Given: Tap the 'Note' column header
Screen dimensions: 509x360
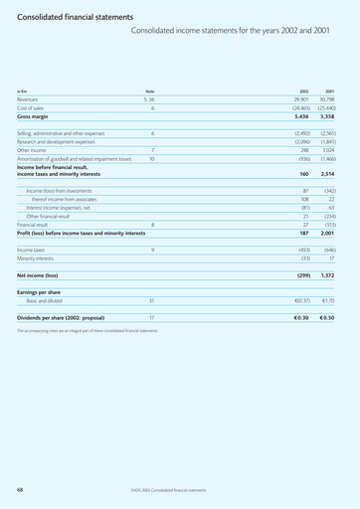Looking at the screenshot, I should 150,91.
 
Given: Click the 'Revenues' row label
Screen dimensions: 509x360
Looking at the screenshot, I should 30,100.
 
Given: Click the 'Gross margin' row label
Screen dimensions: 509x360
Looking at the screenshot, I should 35,117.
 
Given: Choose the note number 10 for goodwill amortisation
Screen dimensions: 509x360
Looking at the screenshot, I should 151,159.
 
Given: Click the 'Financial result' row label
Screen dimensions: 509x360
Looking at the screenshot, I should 35,225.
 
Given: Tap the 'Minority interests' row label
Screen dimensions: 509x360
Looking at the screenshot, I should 38,258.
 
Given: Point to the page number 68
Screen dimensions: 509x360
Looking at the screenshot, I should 20,490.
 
